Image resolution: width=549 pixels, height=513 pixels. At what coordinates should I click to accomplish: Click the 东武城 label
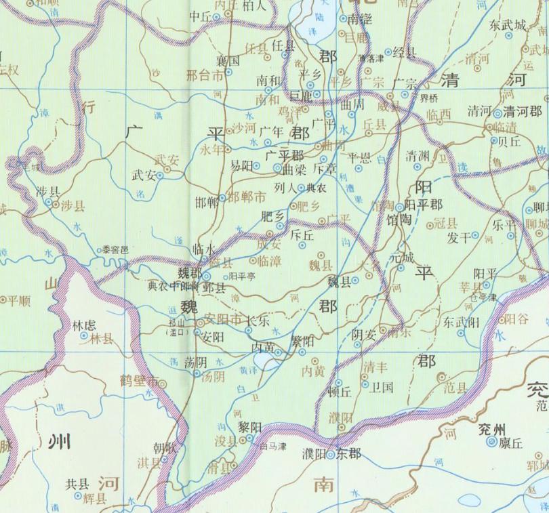[x=508, y=25]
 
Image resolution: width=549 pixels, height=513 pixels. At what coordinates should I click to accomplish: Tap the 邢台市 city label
[x=204, y=75]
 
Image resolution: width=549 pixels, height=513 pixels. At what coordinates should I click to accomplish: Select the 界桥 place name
[x=429, y=97]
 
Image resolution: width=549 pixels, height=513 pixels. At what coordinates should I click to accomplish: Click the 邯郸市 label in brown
[x=245, y=197]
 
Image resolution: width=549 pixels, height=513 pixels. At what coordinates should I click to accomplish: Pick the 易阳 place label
[x=242, y=165]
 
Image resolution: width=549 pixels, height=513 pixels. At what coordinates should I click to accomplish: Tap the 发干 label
[x=459, y=237]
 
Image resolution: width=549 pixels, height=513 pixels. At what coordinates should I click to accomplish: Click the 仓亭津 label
[x=483, y=296]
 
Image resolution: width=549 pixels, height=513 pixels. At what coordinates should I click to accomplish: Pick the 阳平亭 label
[x=241, y=276]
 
